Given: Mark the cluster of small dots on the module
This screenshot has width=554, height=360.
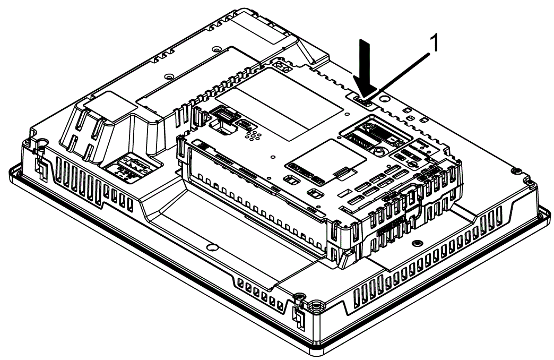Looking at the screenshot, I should point(254,134).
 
